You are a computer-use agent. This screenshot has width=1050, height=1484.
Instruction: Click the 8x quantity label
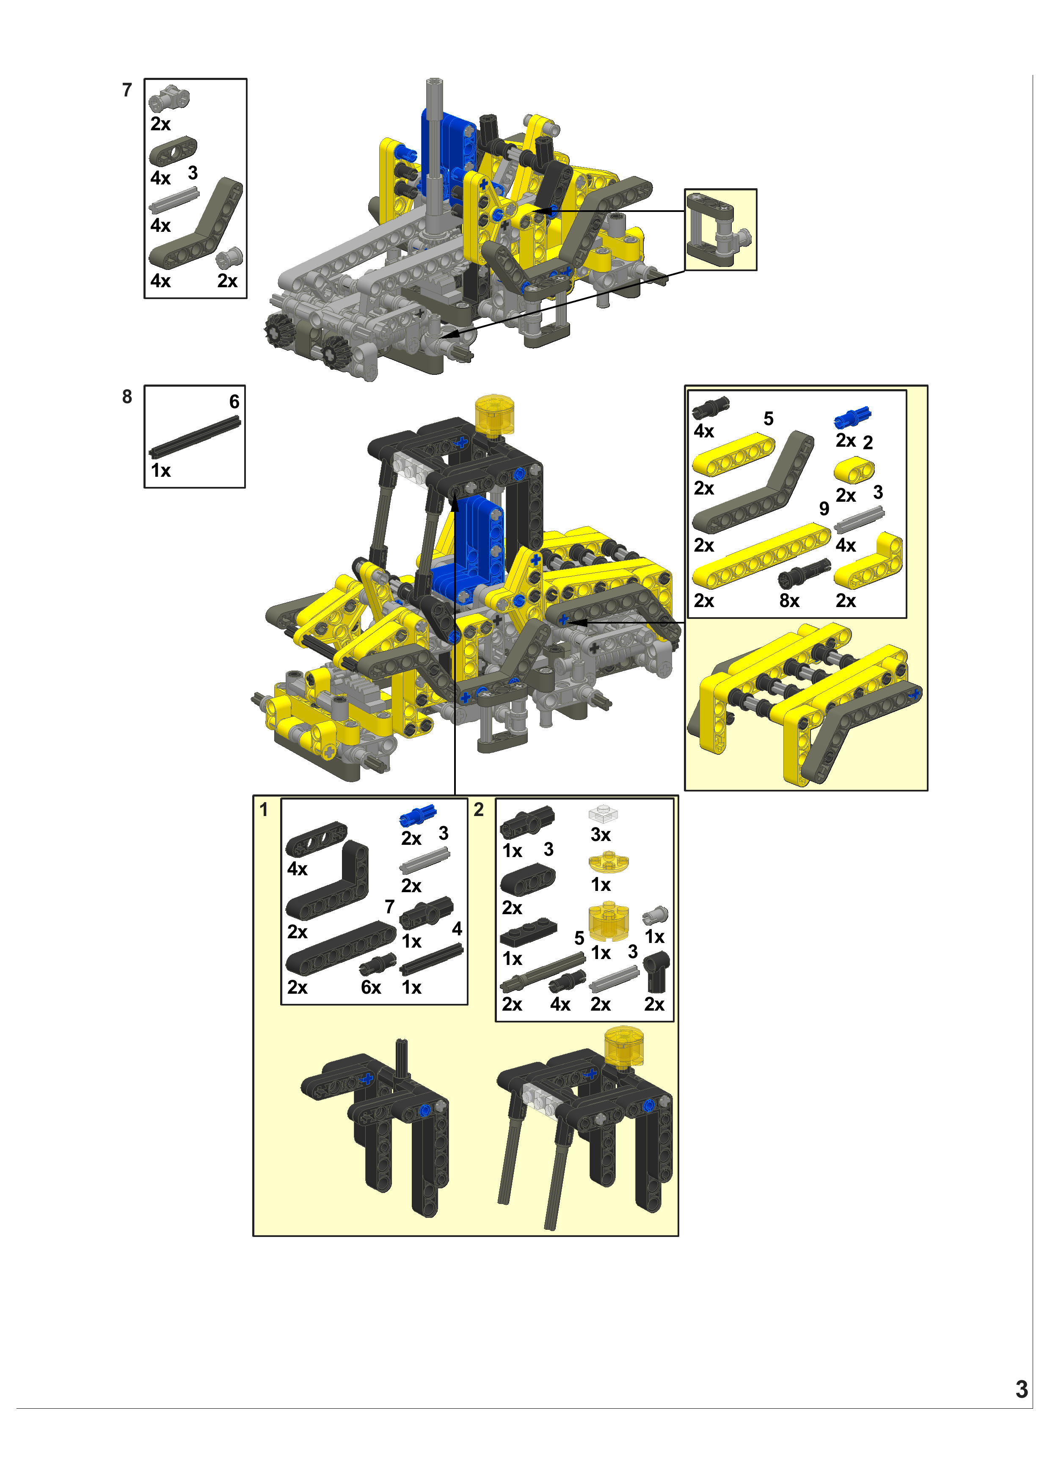tap(789, 601)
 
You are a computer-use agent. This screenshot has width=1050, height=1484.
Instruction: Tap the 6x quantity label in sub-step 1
tap(371, 988)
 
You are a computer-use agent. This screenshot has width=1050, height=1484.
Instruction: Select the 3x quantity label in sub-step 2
tap(601, 835)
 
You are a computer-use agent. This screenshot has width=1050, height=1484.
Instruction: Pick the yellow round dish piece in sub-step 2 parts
tap(609, 862)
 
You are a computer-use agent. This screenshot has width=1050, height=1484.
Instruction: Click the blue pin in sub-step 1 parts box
tap(418, 816)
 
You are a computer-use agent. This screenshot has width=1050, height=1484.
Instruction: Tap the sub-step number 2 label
tap(479, 810)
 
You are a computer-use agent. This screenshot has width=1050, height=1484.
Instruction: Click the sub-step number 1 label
tap(263, 810)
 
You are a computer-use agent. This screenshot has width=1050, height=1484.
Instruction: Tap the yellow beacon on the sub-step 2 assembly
tap(624, 1046)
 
